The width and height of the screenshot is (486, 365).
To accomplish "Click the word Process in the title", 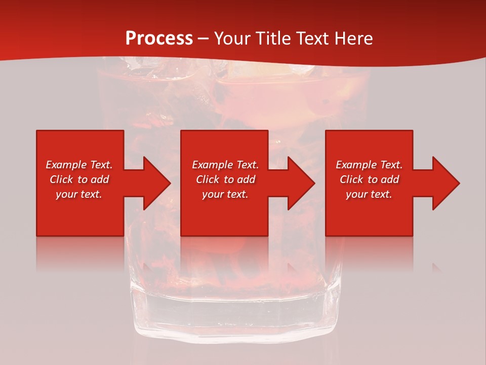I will click(x=159, y=38).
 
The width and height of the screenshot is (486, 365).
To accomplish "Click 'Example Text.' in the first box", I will click(x=79, y=165).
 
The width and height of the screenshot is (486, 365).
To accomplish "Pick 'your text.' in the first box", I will click(x=79, y=194).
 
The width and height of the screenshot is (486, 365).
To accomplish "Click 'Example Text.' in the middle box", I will click(x=225, y=165).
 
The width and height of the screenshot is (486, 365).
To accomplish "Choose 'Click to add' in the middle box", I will click(x=225, y=179).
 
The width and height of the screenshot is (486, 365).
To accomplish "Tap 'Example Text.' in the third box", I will click(x=369, y=165).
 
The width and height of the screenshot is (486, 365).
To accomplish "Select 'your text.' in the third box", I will click(x=369, y=194).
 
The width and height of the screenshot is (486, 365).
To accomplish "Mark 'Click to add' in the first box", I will click(x=79, y=179).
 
